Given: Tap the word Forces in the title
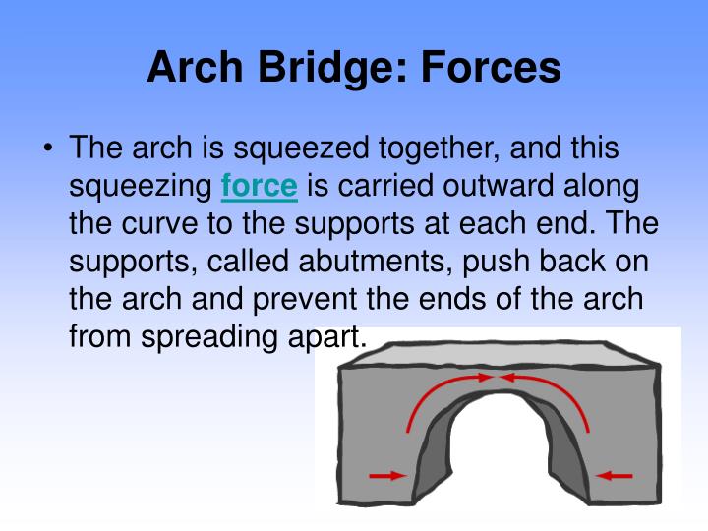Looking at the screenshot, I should pos(490,69).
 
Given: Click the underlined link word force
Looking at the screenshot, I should pos(259,185).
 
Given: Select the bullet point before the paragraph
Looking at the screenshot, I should pos(48,149).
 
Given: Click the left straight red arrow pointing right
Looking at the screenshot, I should pos(386,475).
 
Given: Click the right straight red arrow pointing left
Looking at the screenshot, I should pos(617,475).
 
